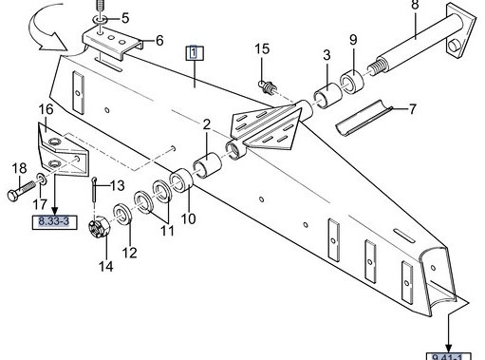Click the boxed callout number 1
[x=195, y=53]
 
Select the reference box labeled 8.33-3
[x=55, y=221]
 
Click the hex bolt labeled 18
[x=21, y=191]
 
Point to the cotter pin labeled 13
[x=95, y=189]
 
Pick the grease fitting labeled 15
[x=269, y=87]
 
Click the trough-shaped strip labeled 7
[x=364, y=118]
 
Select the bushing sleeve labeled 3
[x=327, y=95]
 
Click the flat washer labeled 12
[x=122, y=215]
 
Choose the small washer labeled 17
[x=43, y=179]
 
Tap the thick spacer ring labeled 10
[x=181, y=180]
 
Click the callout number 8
[x=415, y=5]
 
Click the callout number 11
[x=167, y=231]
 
